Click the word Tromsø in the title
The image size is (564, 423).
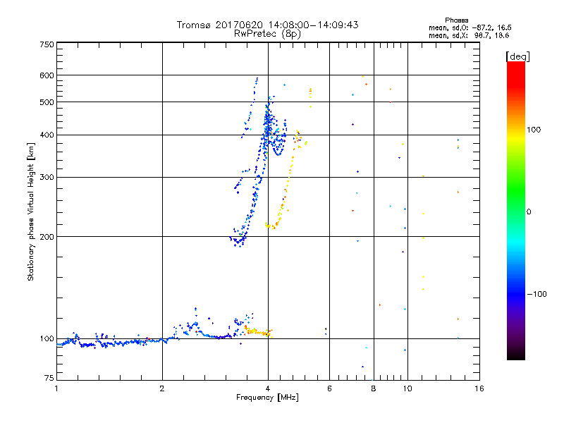click(x=195, y=25)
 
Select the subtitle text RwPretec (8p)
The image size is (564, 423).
click(x=267, y=33)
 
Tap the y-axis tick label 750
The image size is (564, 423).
click(x=47, y=44)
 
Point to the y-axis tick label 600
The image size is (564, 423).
click(x=47, y=75)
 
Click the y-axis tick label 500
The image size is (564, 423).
click(x=47, y=102)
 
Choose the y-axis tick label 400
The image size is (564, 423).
click(x=47, y=135)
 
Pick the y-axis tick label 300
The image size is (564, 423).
click(x=47, y=178)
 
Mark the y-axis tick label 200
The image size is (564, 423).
click(x=47, y=237)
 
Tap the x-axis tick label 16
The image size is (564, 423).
click(x=479, y=388)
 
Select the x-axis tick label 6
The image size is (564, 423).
click(x=329, y=388)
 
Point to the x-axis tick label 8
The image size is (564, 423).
click(x=374, y=388)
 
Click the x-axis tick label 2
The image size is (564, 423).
click(x=162, y=388)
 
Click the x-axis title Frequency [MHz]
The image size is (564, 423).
click(x=267, y=398)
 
